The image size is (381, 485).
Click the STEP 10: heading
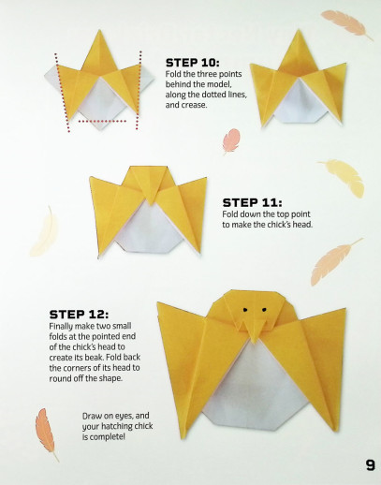pyautogui.click(x=193, y=63)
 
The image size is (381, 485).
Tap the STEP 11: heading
pyautogui.click(x=252, y=203)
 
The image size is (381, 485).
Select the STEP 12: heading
pyautogui.click(x=79, y=315)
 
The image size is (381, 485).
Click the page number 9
pyautogui.click(x=371, y=465)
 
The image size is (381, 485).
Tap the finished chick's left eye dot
pyautogui.click(x=245, y=310)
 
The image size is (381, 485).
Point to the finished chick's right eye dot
pyautogui.click(x=264, y=310)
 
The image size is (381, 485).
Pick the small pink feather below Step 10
pyautogui.click(x=231, y=141)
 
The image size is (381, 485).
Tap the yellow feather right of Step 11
pyautogui.click(x=344, y=177)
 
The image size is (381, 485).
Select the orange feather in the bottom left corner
pyautogui.click(x=46, y=434)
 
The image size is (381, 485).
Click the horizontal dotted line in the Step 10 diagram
pyautogui.click(x=102, y=121)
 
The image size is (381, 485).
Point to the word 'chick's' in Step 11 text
pyautogui.click(x=279, y=225)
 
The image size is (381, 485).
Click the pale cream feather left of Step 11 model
pyautogui.click(x=45, y=231)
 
